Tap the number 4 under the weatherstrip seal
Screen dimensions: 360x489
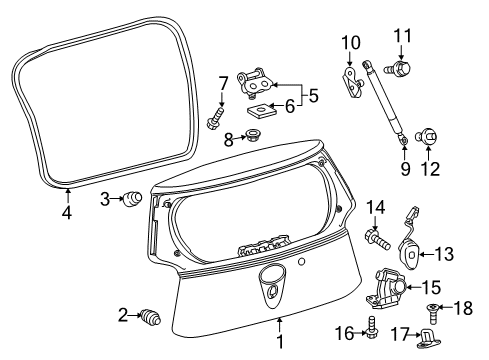tap(66, 211)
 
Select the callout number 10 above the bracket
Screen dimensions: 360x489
tap(349, 42)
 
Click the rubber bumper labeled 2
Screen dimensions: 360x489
tap(153, 317)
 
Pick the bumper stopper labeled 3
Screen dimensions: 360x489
tap(131, 199)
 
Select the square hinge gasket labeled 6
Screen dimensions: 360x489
tap(260, 107)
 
